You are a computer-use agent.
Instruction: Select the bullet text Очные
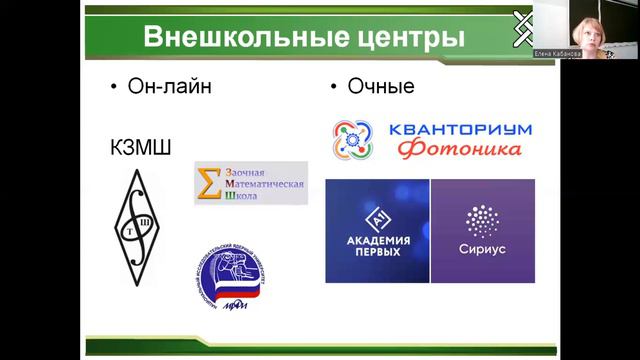pos(381,87)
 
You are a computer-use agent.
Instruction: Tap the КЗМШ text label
pos(139,149)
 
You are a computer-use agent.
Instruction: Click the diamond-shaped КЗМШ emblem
pos(139,219)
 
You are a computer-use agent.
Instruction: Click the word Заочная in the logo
pos(248,170)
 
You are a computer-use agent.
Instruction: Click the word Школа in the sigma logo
pos(241,196)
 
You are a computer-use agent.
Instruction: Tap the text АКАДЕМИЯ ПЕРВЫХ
pos(376,246)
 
